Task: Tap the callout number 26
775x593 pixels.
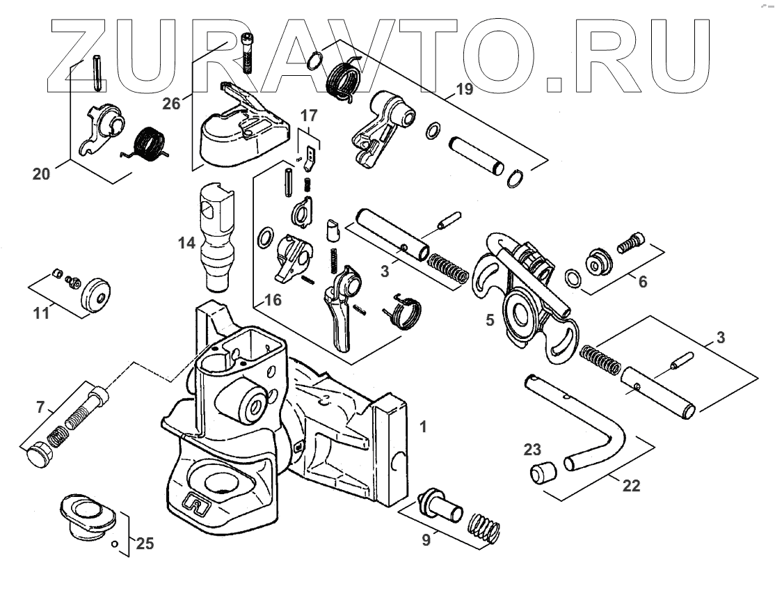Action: coord(171,104)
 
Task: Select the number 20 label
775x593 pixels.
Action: coord(41,175)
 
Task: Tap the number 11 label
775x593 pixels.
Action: coord(41,314)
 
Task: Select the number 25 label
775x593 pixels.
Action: coord(145,544)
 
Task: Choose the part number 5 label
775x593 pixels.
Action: coord(490,320)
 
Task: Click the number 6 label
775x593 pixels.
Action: coord(642,282)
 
